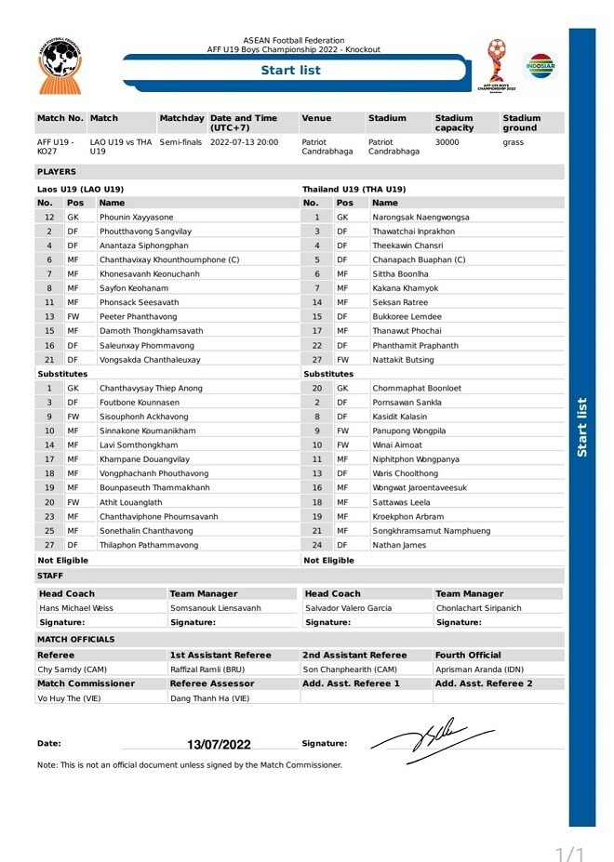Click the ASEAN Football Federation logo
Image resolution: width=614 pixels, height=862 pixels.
tap(60, 66)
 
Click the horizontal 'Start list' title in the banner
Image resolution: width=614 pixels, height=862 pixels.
tap(290, 71)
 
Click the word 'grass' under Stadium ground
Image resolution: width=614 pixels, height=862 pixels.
tap(514, 142)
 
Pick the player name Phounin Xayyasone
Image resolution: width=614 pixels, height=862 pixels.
tap(136, 217)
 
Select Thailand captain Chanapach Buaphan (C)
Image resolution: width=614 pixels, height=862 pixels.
tap(419, 259)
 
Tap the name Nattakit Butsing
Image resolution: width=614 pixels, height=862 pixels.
tap(403, 359)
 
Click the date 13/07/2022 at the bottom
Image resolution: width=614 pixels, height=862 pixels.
tap(219, 744)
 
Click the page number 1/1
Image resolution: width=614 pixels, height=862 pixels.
tap(569, 854)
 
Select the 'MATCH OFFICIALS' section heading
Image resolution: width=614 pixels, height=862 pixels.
tap(76, 640)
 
